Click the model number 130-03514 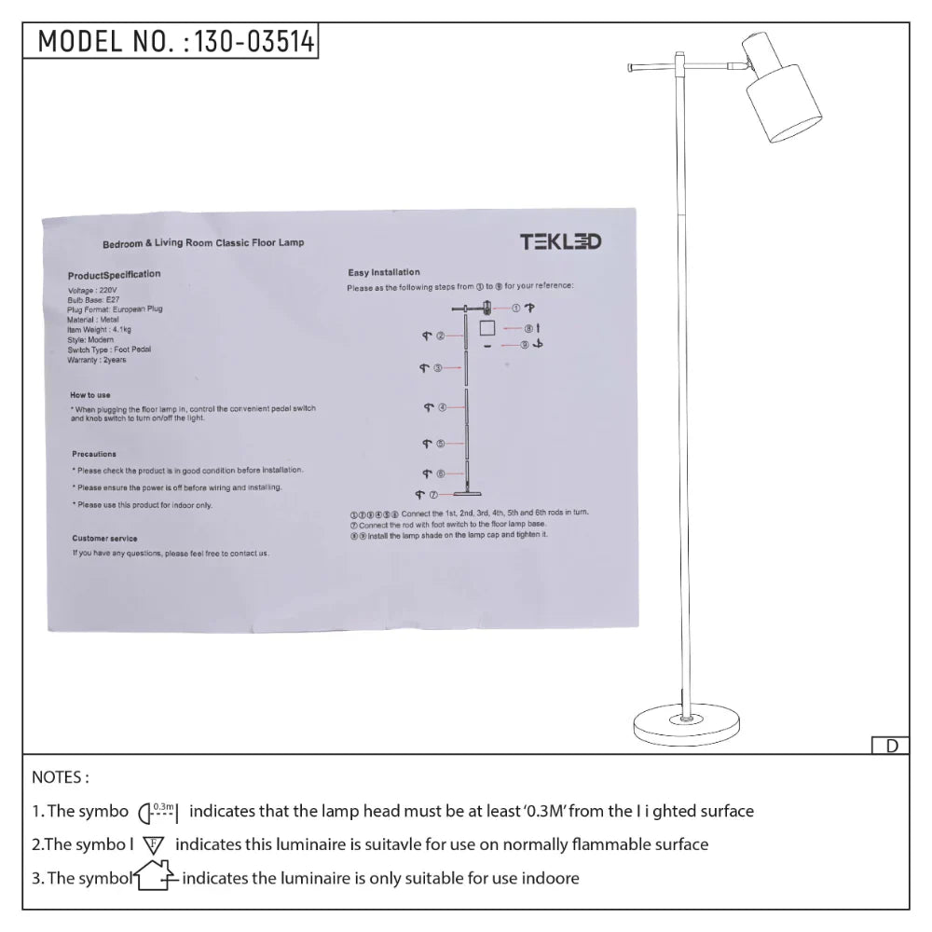coord(252,42)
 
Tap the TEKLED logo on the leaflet coord(560,242)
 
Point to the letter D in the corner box coord(891,746)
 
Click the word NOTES coord(61,777)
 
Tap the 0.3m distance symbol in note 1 coord(158,812)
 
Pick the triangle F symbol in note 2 coord(154,845)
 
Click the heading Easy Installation coord(384,272)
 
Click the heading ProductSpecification coord(114,275)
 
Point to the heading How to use coord(90,395)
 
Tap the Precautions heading coord(94,454)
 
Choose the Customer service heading coord(104,539)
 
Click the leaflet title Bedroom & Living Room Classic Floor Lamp coord(203,242)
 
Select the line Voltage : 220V coord(94,290)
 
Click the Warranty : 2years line coord(97,360)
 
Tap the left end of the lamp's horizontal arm coord(632,67)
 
